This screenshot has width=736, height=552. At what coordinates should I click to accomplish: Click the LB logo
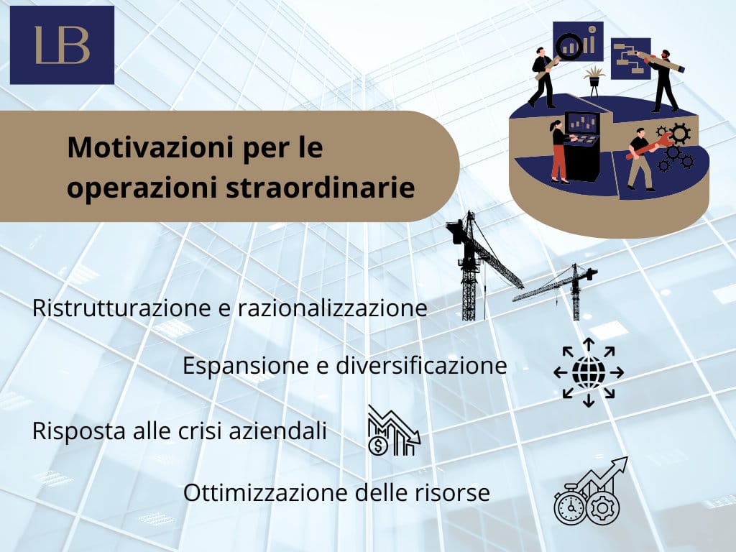point(62,45)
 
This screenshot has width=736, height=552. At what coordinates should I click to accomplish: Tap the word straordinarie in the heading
point(321,188)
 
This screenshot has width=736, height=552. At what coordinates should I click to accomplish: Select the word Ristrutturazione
point(121,308)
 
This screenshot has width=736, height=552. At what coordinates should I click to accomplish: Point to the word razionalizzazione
point(332,308)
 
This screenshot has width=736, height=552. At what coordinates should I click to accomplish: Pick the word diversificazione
point(421,365)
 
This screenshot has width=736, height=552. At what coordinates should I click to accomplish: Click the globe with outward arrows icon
point(589,372)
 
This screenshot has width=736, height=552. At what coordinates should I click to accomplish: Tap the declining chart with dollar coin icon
point(394,431)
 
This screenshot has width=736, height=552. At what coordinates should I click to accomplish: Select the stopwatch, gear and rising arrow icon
point(591,491)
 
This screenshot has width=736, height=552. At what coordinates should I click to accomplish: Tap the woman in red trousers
point(558,152)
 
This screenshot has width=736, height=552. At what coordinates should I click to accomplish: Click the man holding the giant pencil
point(666,80)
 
